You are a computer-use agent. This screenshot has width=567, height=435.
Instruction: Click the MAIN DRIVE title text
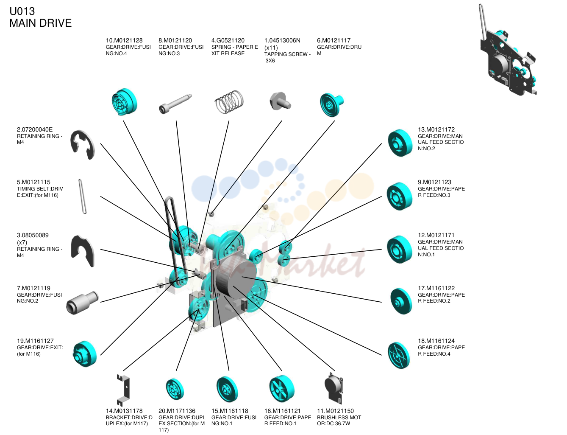click(40, 23)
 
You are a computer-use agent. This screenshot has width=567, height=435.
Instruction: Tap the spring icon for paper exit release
click(229, 102)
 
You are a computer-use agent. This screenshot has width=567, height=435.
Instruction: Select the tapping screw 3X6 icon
click(280, 101)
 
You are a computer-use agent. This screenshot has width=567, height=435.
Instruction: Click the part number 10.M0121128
click(124, 40)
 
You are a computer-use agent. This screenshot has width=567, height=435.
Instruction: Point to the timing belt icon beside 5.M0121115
click(82, 196)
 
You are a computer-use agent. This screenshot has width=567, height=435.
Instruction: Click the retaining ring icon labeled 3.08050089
click(82, 251)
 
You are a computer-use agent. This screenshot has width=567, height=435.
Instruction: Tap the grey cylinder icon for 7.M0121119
click(82, 303)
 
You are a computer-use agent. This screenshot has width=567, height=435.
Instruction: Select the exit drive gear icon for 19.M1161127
click(84, 354)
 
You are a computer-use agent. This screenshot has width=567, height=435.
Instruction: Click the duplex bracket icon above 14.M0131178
click(123, 390)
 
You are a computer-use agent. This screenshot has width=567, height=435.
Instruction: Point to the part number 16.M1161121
click(282, 411)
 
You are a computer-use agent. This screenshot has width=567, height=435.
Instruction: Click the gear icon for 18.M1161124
click(398, 355)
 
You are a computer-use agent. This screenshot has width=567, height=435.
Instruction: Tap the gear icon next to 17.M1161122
click(401, 301)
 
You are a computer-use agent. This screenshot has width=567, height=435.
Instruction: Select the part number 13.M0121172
click(436, 129)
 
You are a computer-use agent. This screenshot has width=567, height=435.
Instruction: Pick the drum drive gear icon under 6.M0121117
click(332, 104)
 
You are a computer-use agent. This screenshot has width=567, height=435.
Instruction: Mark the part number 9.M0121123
click(434, 182)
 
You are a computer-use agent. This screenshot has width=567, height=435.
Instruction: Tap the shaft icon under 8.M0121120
click(175, 104)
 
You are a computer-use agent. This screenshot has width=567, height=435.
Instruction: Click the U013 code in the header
click(22, 11)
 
